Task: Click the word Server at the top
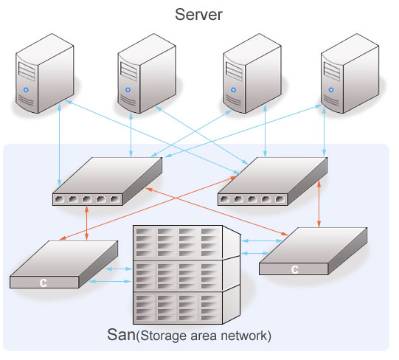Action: [198, 15]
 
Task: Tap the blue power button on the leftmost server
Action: [26, 89]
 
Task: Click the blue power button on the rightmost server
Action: [331, 89]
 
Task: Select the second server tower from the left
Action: [147, 73]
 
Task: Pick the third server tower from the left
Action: [252, 73]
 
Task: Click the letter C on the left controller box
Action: [44, 283]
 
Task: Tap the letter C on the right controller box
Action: [295, 269]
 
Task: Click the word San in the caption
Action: [121, 334]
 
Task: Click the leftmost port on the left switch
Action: [60, 199]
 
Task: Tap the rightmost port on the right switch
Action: [280, 199]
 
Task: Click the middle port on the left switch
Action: [87, 199]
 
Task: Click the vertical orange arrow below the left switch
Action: [86, 223]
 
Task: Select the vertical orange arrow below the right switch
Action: [319, 204]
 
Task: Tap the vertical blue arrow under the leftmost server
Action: [59, 145]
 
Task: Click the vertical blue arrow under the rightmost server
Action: [324, 131]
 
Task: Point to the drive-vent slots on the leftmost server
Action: [27, 72]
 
